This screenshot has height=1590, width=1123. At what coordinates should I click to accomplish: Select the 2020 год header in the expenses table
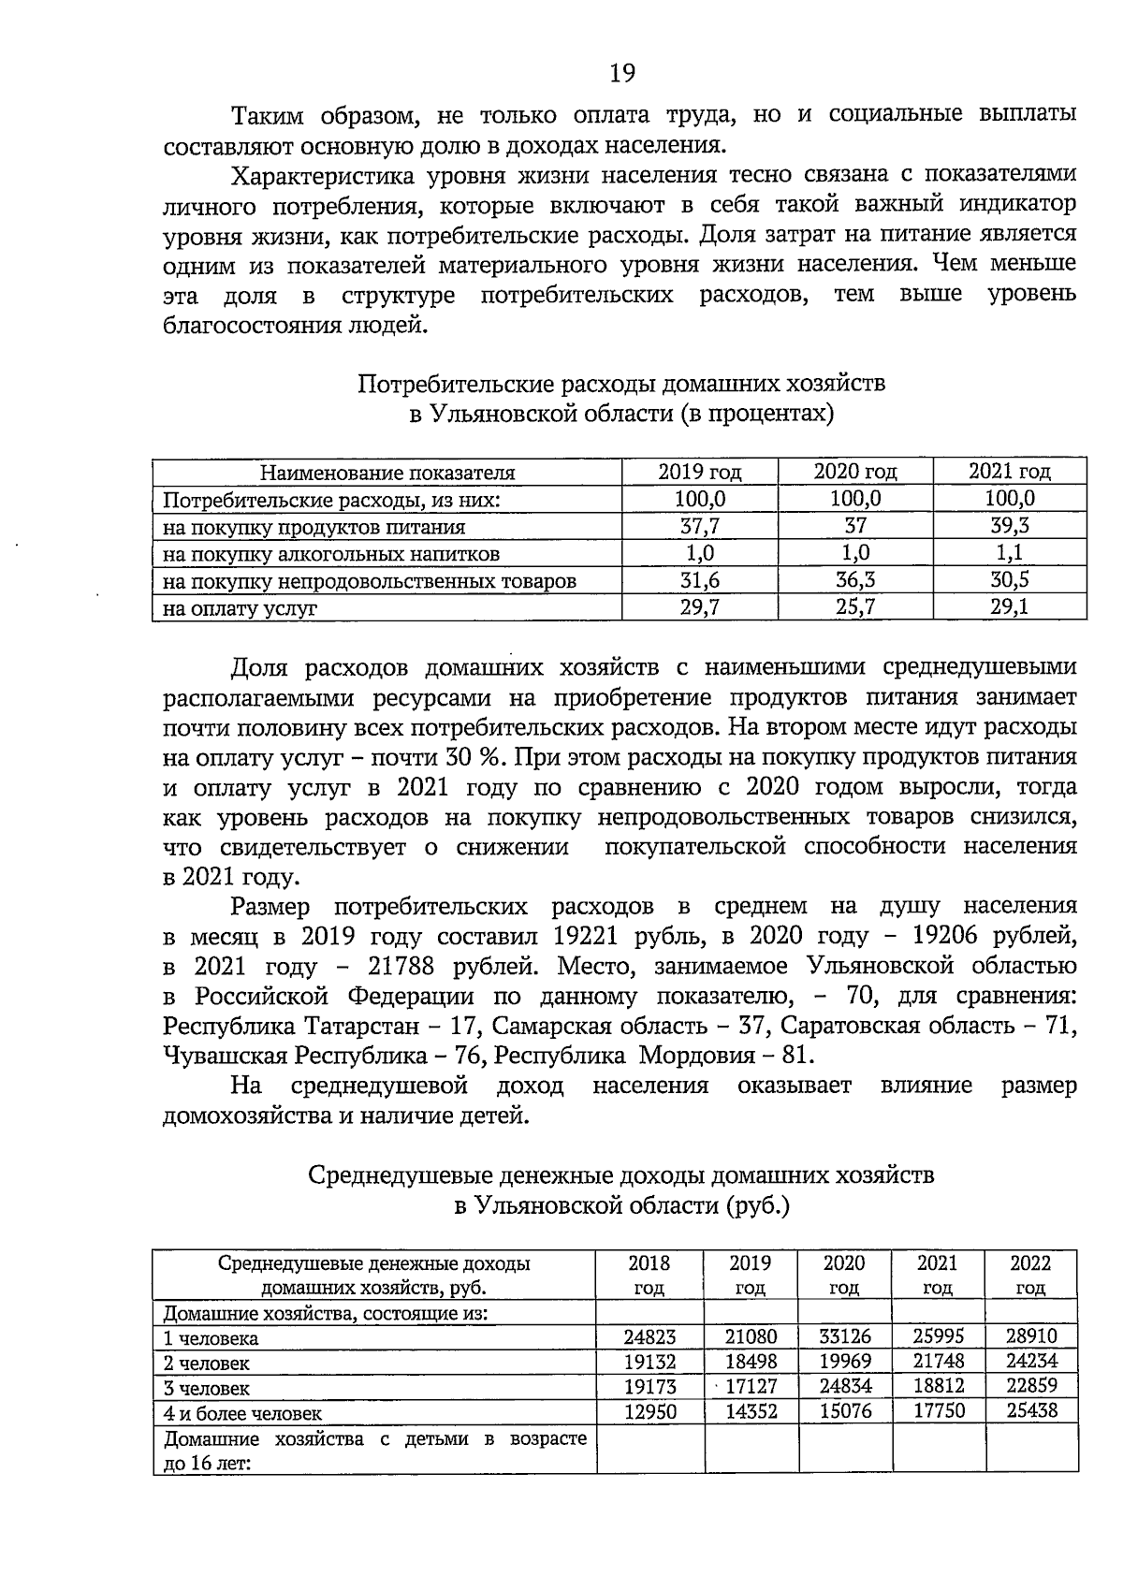[855, 472]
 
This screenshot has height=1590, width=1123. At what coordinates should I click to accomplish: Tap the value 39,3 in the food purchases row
[1010, 526]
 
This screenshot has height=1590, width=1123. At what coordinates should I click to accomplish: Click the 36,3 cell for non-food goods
[855, 580]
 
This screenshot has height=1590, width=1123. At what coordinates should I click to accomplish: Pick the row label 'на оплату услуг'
[241, 608]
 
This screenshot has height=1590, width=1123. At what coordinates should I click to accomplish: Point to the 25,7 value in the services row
[855, 607]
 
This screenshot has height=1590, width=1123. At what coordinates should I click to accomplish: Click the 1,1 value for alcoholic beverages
[1010, 553]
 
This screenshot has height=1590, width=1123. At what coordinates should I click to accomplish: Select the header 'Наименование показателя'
[387, 473]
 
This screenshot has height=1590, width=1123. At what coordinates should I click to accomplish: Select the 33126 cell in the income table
[845, 1336]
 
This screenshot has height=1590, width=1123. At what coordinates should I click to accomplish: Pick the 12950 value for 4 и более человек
[649, 1411]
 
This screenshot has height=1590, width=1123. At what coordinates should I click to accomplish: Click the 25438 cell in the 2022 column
[1031, 1410]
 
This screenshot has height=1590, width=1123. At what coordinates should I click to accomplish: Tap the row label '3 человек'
[207, 1388]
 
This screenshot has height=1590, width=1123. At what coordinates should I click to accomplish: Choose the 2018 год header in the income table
[649, 1275]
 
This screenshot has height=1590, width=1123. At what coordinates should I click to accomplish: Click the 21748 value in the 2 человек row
[939, 1362]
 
